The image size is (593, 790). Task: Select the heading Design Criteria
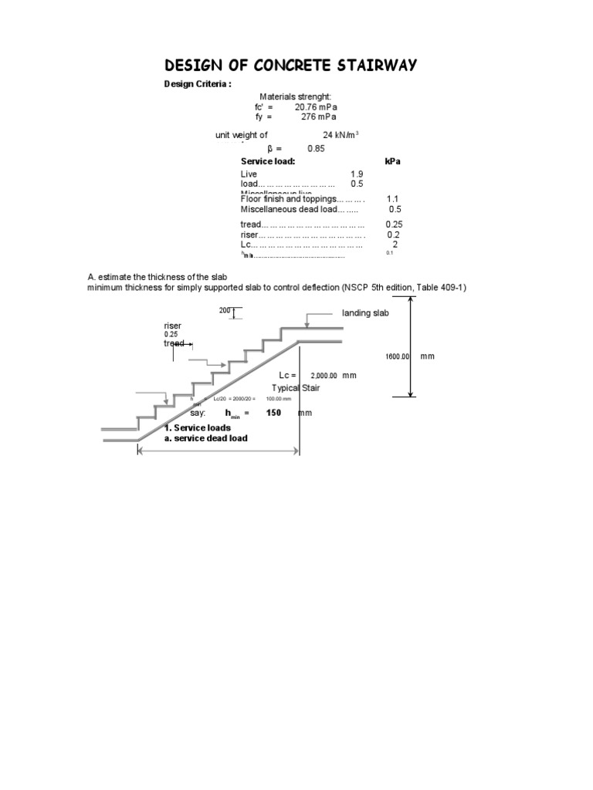click(196, 85)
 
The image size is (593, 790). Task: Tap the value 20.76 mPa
click(316, 107)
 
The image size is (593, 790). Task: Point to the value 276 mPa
click(319, 117)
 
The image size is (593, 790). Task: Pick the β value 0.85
click(316, 148)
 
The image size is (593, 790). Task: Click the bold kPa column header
click(392, 162)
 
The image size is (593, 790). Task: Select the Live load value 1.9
click(357, 174)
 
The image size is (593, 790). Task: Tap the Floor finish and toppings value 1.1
click(392, 199)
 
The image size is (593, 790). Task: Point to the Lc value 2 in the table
click(395, 245)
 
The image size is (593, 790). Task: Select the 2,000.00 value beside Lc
click(324, 375)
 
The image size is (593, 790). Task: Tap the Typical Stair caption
click(296, 388)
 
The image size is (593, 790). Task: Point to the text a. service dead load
click(205, 438)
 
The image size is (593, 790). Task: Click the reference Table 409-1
click(441, 287)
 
